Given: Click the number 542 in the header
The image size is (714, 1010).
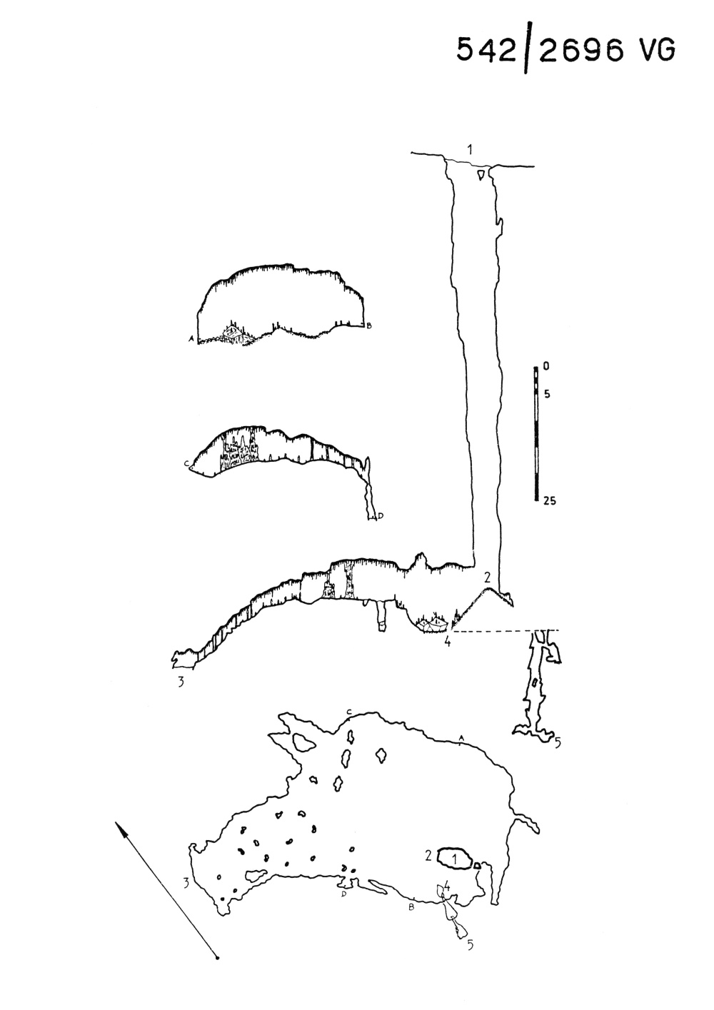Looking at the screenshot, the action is pyautogui.click(x=486, y=49).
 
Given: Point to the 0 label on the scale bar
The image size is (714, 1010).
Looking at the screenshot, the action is pyautogui.click(x=547, y=367).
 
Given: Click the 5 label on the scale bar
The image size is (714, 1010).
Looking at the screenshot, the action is pyautogui.click(x=547, y=394).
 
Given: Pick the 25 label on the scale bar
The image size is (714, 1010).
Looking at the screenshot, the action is pyautogui.click(x=549, y=500).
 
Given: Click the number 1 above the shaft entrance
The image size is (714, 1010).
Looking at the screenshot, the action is pyautogui.click(x=470, y=150).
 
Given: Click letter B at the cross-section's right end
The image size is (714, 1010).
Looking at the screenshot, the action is pyautogui.click(x=368, y=325).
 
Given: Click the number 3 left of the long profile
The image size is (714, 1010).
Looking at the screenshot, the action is pyautogui.click(x=181, y=682).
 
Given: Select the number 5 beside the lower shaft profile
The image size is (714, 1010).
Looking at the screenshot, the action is pyautogui.click(x=558, y=742).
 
